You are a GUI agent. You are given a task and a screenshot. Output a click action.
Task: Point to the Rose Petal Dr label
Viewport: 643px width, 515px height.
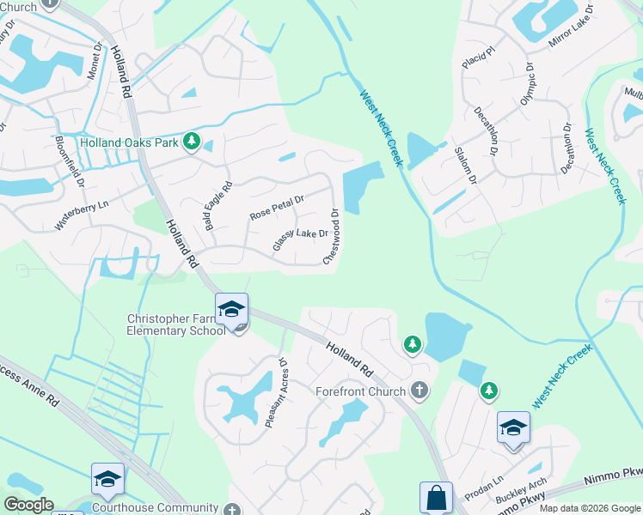coord(277,207)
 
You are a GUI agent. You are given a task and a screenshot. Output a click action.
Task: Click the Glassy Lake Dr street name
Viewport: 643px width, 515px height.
coord(300,239)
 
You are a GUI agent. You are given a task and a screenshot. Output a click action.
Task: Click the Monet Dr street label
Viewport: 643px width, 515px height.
coord(94,59)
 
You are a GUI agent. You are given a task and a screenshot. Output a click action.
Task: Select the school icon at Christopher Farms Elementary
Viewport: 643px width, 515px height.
coord(232,310)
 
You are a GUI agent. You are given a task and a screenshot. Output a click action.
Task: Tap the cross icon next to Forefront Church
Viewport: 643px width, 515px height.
coord(419,391)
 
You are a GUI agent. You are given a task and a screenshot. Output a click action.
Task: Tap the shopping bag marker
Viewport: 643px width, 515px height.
coord(435,498)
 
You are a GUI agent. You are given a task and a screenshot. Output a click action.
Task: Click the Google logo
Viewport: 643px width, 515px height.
coord(29,505)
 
